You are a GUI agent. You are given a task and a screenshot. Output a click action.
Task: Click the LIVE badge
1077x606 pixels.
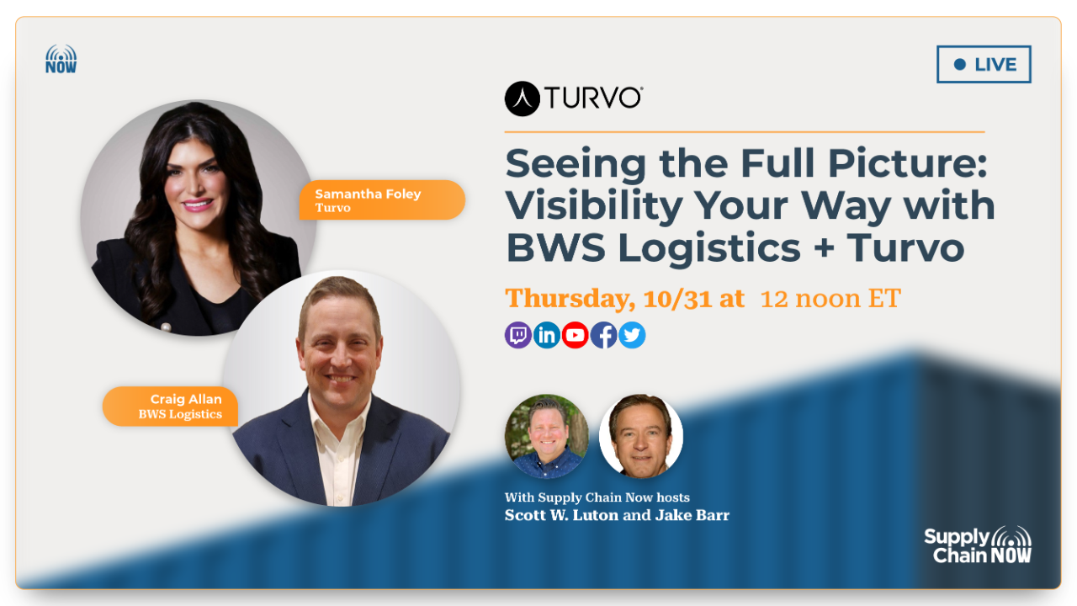(984, 65)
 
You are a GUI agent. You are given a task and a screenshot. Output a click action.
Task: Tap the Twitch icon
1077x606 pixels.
(518, 335)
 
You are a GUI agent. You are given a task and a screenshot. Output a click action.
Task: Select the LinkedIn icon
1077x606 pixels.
(547, 335)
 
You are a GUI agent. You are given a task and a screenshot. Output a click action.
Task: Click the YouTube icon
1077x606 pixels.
(576, 335)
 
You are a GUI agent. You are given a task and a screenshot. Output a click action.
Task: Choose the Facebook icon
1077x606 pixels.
(604, 335)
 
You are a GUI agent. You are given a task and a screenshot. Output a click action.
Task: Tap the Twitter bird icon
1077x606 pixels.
(632, 335)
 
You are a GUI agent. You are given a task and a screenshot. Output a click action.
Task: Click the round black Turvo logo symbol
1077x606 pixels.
(522, 98)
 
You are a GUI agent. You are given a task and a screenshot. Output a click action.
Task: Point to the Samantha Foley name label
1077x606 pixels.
(380, 200)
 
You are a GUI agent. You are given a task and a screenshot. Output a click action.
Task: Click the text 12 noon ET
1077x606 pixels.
(830, 298)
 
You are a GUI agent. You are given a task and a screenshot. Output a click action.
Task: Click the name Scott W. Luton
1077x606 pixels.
(560, 515)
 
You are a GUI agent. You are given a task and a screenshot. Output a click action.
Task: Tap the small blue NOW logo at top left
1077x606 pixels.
(61, 59)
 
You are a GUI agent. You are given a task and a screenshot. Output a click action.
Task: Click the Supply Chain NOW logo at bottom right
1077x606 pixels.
(978, 545)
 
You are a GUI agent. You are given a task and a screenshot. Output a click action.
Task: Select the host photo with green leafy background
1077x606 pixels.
(547, 436)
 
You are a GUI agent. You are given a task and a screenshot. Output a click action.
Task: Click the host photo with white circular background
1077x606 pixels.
(641, 436)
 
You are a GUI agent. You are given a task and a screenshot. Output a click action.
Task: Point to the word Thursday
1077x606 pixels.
(570, 298)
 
